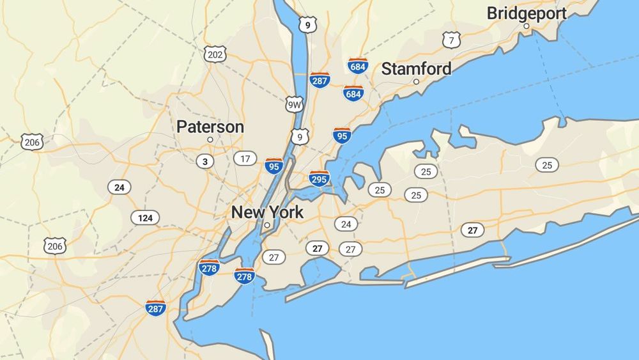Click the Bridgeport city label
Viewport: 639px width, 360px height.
coord(527,13)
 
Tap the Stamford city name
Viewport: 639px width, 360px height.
coord(416,68)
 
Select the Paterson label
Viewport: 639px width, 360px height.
coord(210,127)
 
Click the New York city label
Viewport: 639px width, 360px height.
coord(267,212)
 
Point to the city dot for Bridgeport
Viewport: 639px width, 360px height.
coord(527,26)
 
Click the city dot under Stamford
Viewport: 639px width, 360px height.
coord(416,82)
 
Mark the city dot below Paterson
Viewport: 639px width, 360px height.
coord(210,139)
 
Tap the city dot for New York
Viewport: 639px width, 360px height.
coord(267,225)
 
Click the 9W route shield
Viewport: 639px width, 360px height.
coord(294,105)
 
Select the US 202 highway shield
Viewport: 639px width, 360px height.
coord(215,54)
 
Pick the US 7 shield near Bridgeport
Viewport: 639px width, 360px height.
coord(452,40)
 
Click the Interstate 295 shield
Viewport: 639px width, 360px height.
coord(319,179)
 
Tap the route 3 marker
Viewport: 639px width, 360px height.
coord(204,161)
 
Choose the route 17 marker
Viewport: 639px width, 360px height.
coord(245,158)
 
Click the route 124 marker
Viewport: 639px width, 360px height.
coord(145,218)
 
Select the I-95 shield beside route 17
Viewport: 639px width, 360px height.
coord(275,166)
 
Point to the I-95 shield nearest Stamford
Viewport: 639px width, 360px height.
coord(342,136)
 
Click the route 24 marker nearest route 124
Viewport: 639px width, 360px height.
coord(119,187)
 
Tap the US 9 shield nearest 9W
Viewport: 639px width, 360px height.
coord(299,136)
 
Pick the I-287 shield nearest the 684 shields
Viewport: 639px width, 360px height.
coord(319,80)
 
